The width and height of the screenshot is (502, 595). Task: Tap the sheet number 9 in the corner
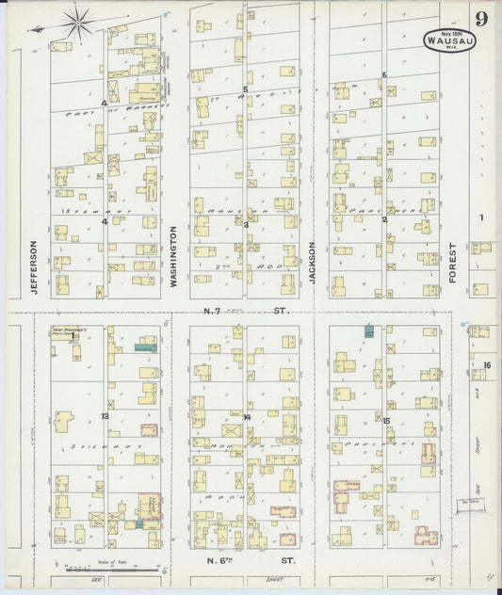(481, 17)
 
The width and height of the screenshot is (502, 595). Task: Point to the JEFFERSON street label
(33, 266)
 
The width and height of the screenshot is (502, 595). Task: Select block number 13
(105, 415)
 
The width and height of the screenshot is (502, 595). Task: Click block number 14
(246, 416)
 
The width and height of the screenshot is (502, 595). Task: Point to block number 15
(385, 420)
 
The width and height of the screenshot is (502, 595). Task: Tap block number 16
(487, 365)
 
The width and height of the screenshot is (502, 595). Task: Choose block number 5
(246, 89)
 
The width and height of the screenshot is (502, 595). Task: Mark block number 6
(384, 74)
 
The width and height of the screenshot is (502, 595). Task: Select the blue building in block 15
(370, 330)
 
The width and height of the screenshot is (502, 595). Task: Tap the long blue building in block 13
(145, 346)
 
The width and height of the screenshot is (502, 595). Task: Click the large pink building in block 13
(149, 505)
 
